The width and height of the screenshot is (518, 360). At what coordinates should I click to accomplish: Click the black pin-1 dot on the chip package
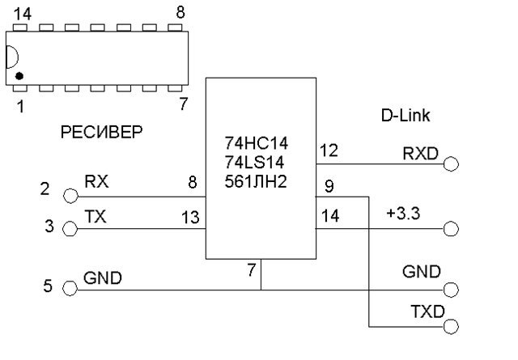(x=19, y=76)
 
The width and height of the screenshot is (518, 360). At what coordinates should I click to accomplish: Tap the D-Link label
(x=405, y=116)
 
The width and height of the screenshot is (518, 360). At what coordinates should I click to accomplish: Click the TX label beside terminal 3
(x=95, y=216)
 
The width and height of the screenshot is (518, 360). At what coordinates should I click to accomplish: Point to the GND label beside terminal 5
(x=103, y=278)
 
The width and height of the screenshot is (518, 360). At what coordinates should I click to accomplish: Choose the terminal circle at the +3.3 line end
(x=451, y=229)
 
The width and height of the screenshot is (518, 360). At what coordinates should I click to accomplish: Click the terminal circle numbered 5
(x=70, y=288)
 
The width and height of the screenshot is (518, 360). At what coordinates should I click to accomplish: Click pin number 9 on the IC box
(x=329, y=185)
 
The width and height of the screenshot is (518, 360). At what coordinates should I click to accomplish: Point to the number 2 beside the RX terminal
(x=45, y=190)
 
